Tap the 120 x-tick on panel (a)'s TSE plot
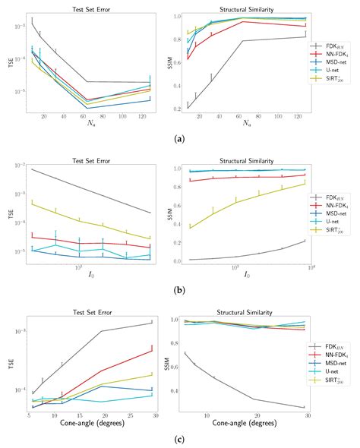[x=142, y=116]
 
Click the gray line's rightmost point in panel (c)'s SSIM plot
[x=304, y=408]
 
